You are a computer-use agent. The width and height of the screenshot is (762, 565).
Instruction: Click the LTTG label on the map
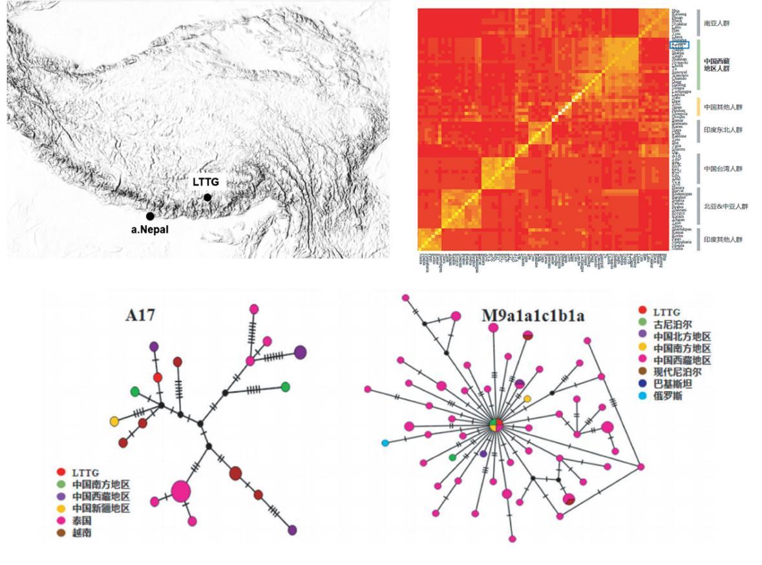click(x=206, y=182)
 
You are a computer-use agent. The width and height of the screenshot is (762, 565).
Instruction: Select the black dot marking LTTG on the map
click(x=207, y=197)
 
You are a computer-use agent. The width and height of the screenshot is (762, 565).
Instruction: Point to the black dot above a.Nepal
click(x=150, y=217)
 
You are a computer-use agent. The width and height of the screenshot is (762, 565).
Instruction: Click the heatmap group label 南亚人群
click(x=717, y=23)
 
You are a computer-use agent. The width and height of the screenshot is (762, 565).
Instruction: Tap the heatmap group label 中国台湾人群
click(x=723, y=169)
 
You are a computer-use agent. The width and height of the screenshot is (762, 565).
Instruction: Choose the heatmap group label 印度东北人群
click(x=723, y=130)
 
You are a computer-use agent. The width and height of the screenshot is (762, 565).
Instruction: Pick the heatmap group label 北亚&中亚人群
click(x=726, y=206)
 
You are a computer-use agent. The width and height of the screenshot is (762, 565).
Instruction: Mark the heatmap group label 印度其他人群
click(x=723, y=240)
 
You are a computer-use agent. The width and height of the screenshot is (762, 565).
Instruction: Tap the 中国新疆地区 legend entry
click(x=100, y=509)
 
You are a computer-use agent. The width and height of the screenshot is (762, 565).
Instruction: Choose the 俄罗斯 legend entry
click(x=668, y=395)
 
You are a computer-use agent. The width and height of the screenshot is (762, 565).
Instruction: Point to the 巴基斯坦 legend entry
click(x=673, y=383)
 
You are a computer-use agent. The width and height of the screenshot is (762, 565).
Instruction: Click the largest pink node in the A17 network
click(x=181, y=492)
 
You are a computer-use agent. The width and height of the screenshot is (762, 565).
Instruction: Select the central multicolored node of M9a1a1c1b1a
click(x=496, y=424)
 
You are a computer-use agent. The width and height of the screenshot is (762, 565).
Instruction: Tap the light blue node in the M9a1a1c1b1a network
click(x=385, y=443)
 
